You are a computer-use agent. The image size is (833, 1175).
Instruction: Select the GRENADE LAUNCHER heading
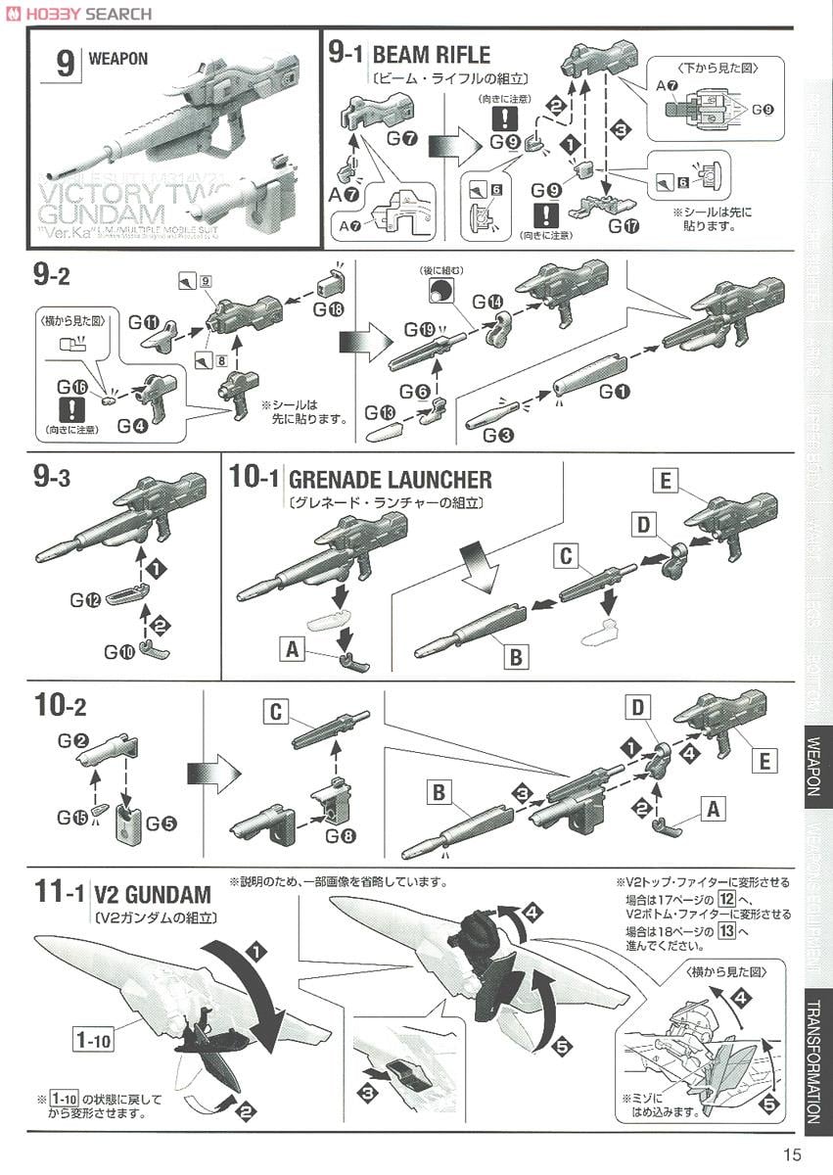pyautogui.click(x=391, y=479)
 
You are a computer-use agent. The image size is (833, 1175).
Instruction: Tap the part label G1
pyautogui.click(x=615, y=392)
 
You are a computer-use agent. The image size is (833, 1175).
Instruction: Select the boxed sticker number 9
pyautogui.click(x=206, y=280)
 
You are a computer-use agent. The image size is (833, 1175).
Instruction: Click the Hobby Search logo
pyautogui.click(x=79, y=13)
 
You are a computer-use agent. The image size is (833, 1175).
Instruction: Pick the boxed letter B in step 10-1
pyautogui.click(x=515, y=657)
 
